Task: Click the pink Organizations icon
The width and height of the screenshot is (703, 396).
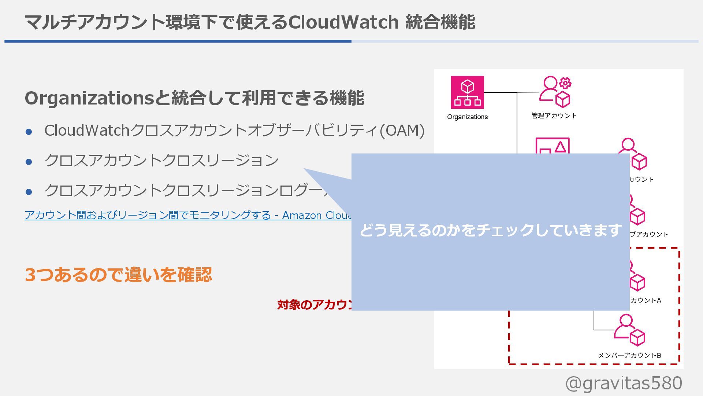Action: [x=467, y=92]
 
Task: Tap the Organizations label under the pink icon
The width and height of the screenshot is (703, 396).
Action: [x=467, y=117]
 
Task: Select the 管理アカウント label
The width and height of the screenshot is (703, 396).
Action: [x=554, y=116]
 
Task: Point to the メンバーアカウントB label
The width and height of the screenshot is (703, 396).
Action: [x=629, y=355]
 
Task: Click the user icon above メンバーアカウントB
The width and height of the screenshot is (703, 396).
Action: [x=629, y=330]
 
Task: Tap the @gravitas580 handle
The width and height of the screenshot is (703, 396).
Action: [x=624, y=383]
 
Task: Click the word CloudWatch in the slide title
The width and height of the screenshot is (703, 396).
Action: [x=343, y=22]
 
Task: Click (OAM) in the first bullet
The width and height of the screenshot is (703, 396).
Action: [x=402, y=131]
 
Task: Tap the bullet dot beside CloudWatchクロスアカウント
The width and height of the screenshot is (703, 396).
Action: [x=29, y=132]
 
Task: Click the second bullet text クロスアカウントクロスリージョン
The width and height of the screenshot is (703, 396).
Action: [x=161, y=161]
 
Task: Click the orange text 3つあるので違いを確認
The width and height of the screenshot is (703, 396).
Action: [x=118, y=275]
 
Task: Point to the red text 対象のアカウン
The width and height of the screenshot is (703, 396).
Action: [x=314, y=305]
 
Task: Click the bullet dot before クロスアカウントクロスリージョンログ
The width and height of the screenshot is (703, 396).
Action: [x=29, y=192]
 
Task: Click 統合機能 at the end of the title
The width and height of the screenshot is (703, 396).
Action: [x=440, y=22]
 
